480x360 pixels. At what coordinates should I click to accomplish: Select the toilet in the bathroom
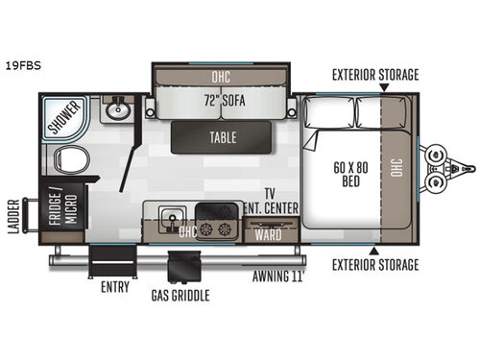click(69, 163)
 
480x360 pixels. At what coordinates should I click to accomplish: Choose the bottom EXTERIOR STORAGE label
click(375, 265)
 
